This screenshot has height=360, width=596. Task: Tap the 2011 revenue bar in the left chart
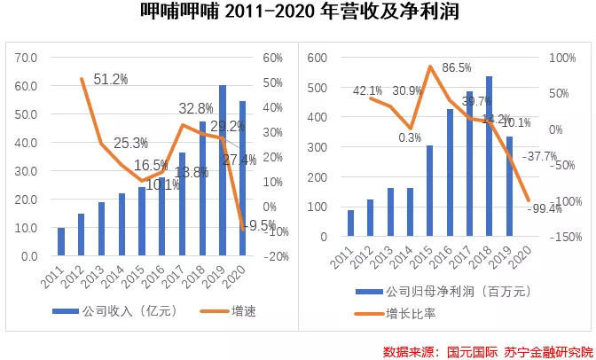61,241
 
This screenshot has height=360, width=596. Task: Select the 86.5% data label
458,68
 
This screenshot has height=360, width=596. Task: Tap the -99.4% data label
544,208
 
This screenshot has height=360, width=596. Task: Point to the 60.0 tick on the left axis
27,86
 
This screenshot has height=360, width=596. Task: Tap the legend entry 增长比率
404,312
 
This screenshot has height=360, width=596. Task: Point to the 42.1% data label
367,90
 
